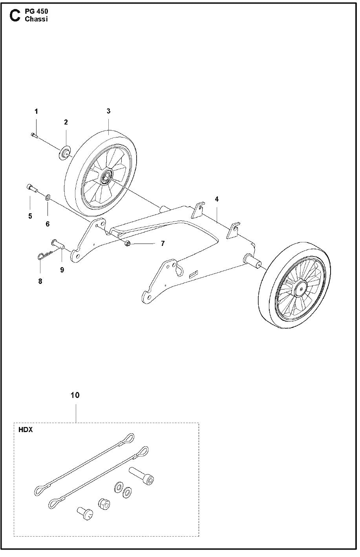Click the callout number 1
36,112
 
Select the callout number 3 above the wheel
108,111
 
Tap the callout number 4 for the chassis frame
217,199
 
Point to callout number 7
163,244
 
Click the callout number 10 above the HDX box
75,395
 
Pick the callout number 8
40,281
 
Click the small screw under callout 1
34,135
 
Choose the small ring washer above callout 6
48,196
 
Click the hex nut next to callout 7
128,244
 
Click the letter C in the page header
15,16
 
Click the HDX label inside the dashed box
26,429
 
